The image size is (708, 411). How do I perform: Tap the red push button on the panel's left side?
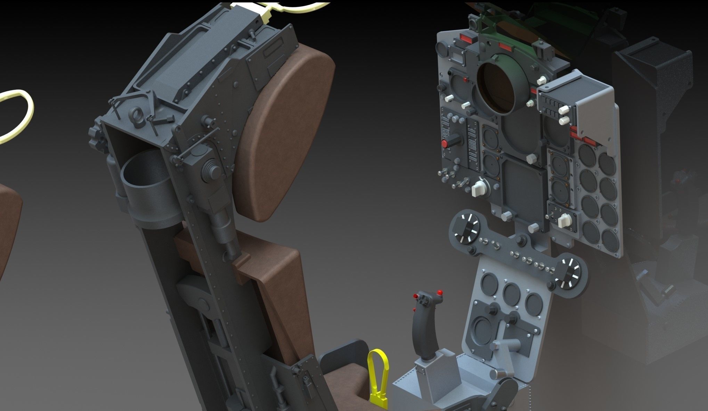445,144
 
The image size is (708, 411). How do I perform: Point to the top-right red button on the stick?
441,292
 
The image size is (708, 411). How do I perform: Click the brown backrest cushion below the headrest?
278,278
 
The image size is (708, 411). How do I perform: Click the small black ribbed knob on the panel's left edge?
442,87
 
